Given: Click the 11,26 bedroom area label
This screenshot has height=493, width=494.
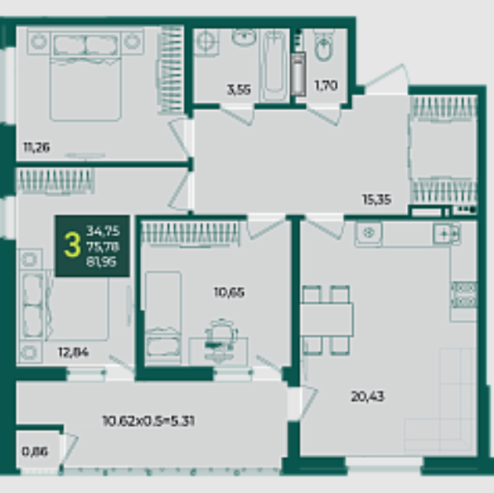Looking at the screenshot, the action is pyautogui.click(x=36, y=147).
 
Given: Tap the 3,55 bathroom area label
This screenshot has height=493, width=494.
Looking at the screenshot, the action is pyautogui.click(x=239, y=89).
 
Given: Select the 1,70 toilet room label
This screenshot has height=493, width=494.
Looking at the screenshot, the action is pyautogui.click(x=326, y=85).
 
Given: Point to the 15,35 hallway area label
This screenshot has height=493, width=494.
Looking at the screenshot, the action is pyautogui.click(x=377, y=199).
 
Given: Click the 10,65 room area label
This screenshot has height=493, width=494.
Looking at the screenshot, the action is pyautogui.click(x=229, y=292).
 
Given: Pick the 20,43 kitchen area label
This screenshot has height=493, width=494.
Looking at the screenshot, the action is pyautogui.click(x=367, y=396).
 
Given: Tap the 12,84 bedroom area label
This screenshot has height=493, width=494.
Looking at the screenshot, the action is pyautogui.click(x=74, y=352).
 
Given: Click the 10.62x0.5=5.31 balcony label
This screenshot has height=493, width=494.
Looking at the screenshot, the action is pyautogui.click(x=148, y=421).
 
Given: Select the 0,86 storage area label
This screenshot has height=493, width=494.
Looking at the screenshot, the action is pyautogui.click(x=35, y=452).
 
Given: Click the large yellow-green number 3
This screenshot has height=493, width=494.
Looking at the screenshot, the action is pyautogui.click(x=72, y=246).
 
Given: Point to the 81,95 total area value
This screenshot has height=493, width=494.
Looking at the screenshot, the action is pyautogui.click(x=101, y=262).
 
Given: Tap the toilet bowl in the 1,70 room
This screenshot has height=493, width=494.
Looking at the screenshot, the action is pyautogui.click(x=324, y=46).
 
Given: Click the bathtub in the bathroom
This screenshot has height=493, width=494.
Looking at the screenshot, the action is pyautogui.click(x=274, y=65).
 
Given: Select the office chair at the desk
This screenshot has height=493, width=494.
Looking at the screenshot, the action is pyautogui.click(x=220, y=340).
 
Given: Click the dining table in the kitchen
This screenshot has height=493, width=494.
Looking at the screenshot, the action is pyautogui.click(x=327, y=320).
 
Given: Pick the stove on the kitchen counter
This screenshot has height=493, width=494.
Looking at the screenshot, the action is pyautogui.click(x=464, y=294).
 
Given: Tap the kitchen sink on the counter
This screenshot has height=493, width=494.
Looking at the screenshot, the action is pyautogui.click(x=369, y=234).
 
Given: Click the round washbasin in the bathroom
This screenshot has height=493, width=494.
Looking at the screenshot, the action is pyautogui.click(x=245, y=36).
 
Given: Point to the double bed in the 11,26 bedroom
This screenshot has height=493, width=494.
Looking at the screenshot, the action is pyautogui.click(x=85, y=75).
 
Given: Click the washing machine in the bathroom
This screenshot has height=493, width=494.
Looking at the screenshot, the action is pyautogui.click(x=206, y=41).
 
